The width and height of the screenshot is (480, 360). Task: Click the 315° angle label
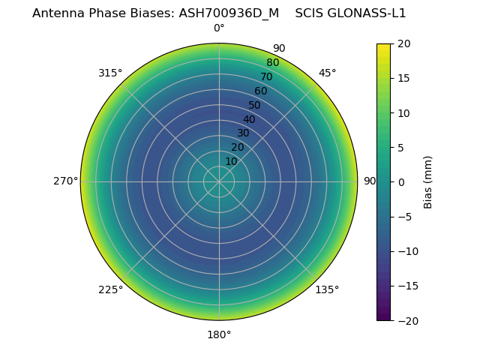click(110, 73)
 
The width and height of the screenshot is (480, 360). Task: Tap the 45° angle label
click(328, 73)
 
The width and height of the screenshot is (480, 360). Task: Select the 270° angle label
click(65, 181)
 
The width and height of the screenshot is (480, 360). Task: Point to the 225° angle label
click(110, 290)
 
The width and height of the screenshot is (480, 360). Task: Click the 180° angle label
click(219, 334)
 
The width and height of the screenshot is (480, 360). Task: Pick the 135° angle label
click(327, 290)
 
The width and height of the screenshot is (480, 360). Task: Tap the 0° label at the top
click(219, 28)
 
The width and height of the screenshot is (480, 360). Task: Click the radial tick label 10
click(231, 161)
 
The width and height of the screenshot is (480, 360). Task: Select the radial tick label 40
click(249, 119)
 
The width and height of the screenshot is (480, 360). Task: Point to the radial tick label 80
click(272, 63)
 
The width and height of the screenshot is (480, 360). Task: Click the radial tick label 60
click(260, 91)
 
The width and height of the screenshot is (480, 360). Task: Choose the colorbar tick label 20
click(403, 44)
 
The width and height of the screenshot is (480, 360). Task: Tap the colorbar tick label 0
click(400, 182)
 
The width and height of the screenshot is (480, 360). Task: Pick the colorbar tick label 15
click(403, 79)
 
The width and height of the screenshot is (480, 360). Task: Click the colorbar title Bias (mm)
click(428, 182)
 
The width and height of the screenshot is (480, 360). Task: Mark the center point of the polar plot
click(219, 181)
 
